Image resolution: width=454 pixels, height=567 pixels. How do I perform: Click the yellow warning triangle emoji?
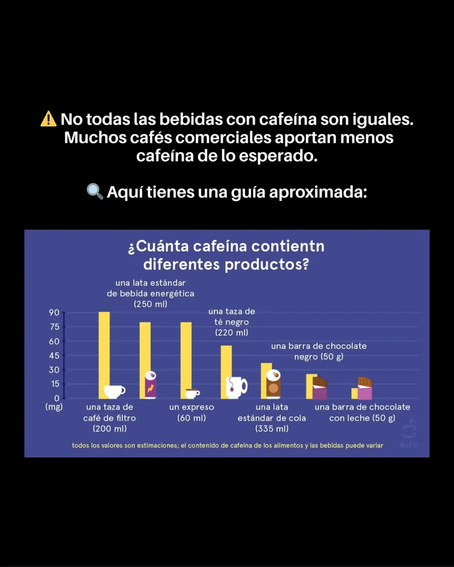click(x=48, y=119)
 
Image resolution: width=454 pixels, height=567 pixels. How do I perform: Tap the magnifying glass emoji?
click(x=95, y=192)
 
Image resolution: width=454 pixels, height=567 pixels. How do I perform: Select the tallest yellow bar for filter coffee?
click(x=104, y=348)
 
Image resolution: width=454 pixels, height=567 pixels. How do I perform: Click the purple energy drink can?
click(x=151, y=385)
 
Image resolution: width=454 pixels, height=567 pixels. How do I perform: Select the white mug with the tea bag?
click(x=237, y=387)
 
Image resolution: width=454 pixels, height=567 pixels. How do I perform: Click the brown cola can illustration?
click(x=273, y=384)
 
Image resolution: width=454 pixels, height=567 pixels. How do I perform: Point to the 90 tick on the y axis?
click(x=54, y=313)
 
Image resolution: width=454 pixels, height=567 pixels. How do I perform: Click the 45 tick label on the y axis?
click(x=54, y=356)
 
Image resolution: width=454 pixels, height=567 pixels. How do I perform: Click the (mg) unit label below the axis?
click(x=54, y=407)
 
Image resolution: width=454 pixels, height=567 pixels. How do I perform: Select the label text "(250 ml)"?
click(x=150, y=304)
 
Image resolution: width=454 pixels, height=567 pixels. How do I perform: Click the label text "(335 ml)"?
click(x=272, y=429)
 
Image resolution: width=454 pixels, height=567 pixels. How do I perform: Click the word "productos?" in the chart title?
click(x=267, y=264)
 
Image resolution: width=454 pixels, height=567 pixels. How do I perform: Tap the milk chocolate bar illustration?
click(x=365, y=389)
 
